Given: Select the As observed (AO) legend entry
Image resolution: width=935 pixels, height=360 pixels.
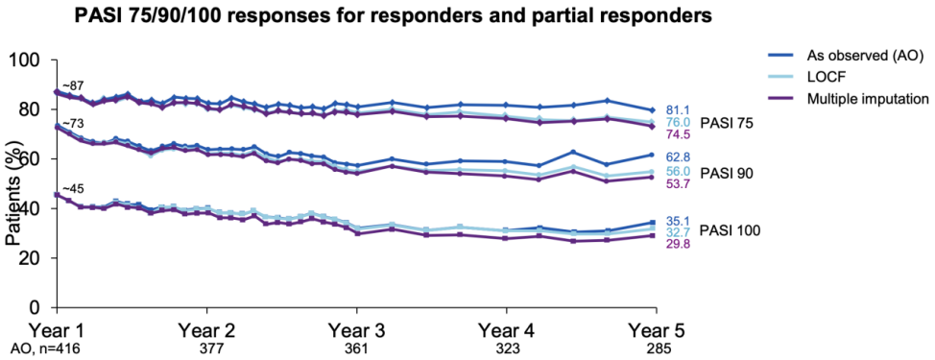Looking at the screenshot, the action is tap(846, 56).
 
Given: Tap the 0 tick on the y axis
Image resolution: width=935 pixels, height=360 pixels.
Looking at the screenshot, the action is tap(42, 307).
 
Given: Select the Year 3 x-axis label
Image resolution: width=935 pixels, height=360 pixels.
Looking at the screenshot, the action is tap(356, 331).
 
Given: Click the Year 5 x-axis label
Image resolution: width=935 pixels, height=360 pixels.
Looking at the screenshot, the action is tap(657, 331).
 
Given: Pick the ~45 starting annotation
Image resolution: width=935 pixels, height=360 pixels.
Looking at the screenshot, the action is tap(69, 189).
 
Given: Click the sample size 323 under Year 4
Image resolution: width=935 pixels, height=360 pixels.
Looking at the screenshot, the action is tap(506, 349).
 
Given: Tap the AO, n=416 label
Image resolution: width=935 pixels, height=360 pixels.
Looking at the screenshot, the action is tap(44, 349).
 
